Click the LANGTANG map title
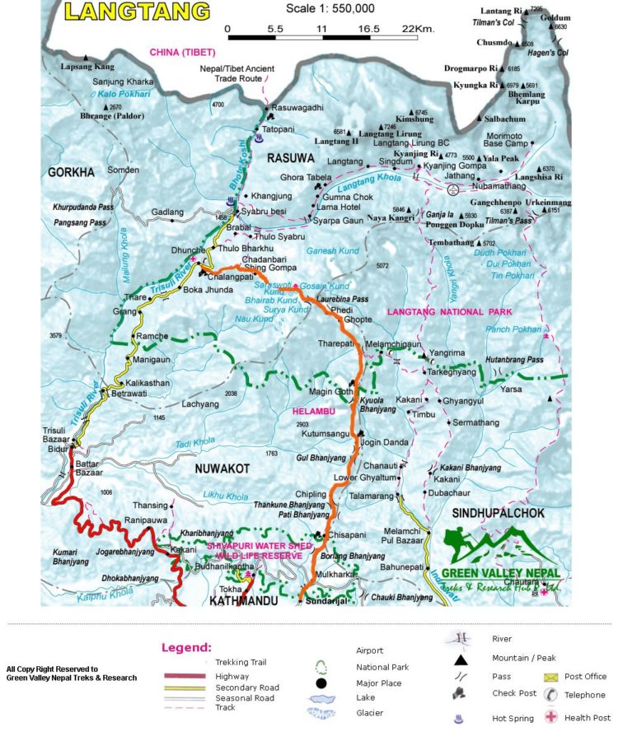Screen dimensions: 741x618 click(x=138, y=12)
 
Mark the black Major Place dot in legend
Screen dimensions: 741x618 click(x=321, y=684)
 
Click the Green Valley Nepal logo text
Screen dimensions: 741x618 click(x=499, y=573)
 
